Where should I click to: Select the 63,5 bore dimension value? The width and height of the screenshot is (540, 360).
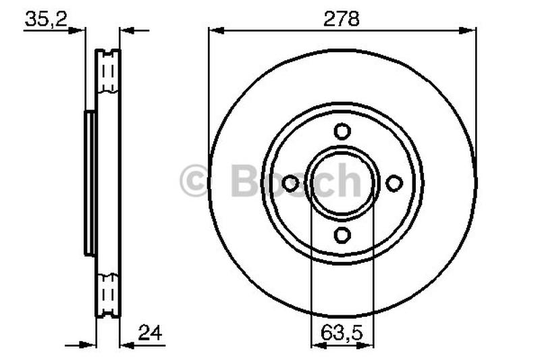coord(342,332)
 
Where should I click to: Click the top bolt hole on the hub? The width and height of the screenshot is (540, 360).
coord(342,131)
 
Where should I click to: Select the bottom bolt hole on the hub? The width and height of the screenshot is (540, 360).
coord(342,234)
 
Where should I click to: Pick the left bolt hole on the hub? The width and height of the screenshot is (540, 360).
coord(291,183)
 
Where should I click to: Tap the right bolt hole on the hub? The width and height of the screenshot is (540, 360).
coord(394,183)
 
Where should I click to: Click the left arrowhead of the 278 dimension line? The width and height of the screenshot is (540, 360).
coord(215,29)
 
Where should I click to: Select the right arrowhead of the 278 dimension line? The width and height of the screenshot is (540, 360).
coord(470,29)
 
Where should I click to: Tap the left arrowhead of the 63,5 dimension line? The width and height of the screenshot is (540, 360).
coord(316,344)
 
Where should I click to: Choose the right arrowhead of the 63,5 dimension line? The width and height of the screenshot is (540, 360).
coord(369,344)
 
